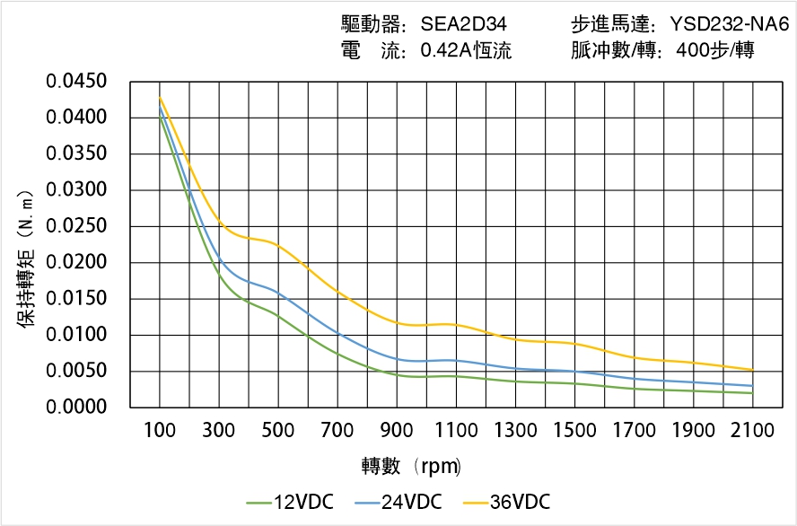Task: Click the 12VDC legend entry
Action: coord(289,502)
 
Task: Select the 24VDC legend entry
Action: coord(398,502)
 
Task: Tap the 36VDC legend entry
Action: coord(506,502)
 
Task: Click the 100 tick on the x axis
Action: coord(160,431)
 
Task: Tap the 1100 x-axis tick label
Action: coord(456,431)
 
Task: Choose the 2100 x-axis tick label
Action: coord(752,431)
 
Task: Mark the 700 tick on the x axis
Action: coord(337,431)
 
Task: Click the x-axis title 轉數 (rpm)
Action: coord(411,466)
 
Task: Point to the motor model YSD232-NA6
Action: coord(728,25)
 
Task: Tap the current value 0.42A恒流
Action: coord(466,51)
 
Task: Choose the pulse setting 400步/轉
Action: coord(714,51)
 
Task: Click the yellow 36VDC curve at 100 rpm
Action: coord(160,98)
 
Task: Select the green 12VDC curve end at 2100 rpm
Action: coord(752,392)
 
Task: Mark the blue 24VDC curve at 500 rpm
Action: coord(278,293)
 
